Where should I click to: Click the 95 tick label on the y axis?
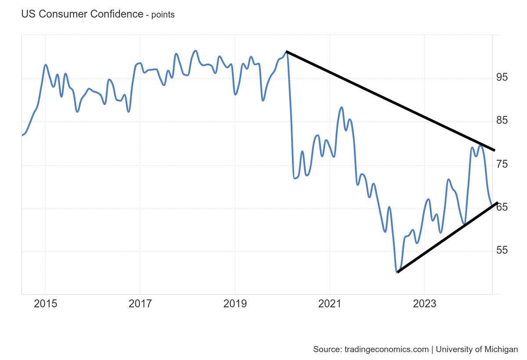point(502,78)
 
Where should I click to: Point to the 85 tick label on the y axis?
point(502,121)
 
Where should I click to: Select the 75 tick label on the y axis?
point(502,164)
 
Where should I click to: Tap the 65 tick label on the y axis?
point(502,207)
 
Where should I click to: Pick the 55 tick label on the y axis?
point(502,251)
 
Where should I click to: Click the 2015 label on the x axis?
point(45,304)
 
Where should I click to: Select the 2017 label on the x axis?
point(140,304)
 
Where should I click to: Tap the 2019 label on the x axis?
point(235,304)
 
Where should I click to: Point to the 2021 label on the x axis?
point(330,304)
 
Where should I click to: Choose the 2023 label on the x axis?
point(425,304)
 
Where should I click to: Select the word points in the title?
point(163,15)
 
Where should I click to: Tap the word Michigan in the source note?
point(501,349)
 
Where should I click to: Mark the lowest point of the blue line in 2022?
point(397,272)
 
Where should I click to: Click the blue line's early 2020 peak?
point(286,52)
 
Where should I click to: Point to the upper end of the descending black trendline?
point(286,52)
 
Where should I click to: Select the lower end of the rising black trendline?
point(397,272)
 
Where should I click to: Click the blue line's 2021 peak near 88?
point(342,107)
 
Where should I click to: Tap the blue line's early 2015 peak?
point(45,65)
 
